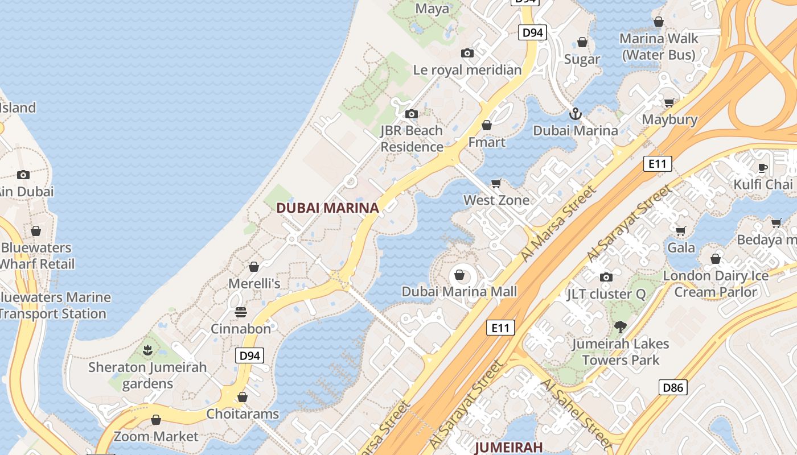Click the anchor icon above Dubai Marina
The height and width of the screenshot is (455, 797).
click(576, 114)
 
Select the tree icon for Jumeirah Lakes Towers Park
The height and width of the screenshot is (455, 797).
click(620, 327)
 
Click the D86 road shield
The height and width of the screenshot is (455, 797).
click(673, 388)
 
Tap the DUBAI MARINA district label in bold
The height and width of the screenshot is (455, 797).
click(327, 208)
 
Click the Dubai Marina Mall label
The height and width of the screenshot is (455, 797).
click(459, 292)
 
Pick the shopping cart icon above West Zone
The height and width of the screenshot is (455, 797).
click(496, 183)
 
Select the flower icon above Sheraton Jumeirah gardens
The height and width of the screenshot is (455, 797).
click(147, 350)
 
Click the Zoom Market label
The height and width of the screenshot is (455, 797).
click(156, 436)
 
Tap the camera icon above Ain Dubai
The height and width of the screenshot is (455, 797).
click(23, 175)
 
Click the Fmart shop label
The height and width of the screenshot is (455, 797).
click(487, 142)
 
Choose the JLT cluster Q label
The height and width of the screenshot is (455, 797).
click(606, 294)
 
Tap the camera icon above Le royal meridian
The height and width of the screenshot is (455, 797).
click(467, 53)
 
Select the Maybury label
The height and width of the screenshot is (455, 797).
click(669, 119)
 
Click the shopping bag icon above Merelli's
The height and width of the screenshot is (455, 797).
click(254, 267)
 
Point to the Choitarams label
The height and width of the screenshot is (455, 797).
click(243, 413)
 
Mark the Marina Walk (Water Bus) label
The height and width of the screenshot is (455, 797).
click(659, 47)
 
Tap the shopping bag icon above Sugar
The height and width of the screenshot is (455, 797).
click(582, 42)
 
